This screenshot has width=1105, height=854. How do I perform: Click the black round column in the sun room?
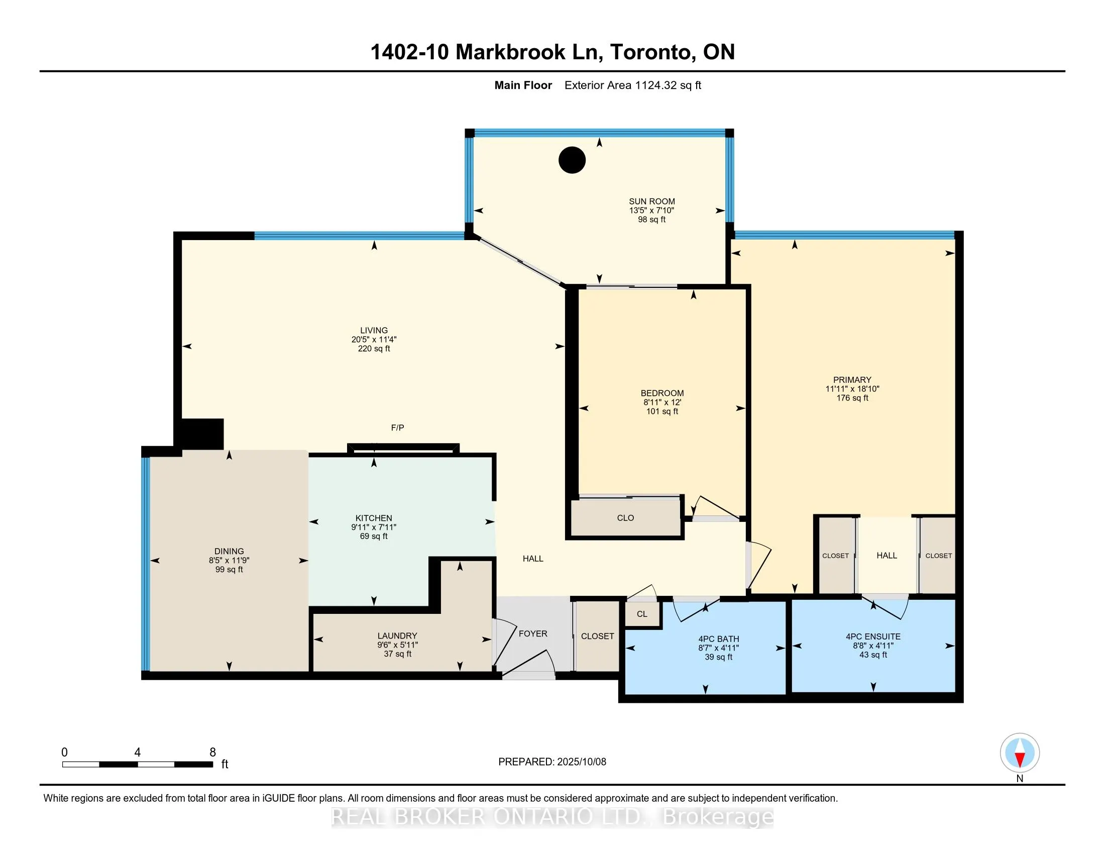click(572, 160)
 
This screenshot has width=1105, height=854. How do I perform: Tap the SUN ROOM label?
click(651, 201)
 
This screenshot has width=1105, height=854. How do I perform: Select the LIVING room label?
click(374, 331)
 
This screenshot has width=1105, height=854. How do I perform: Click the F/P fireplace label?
click(397, 428)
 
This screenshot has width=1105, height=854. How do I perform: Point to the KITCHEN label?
click(374, 518)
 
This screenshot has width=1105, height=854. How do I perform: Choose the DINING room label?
click(229, 552)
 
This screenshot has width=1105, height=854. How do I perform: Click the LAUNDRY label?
click(397, 636)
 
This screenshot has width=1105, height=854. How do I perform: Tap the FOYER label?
click(533, 634)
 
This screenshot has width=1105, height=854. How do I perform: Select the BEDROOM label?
click(662, 393)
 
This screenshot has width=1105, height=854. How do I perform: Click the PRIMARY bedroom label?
click(852, 380)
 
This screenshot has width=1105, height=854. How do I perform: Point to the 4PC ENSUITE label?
click(873, 637)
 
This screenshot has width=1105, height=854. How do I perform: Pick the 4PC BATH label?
click(718, 639)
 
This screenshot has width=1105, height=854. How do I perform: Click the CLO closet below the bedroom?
click(625, 518)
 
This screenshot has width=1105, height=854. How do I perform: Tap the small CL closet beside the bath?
click(642, 614)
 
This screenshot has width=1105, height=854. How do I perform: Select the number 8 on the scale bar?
click(213, 753)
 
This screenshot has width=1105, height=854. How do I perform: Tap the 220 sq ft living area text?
click(374, 349)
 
